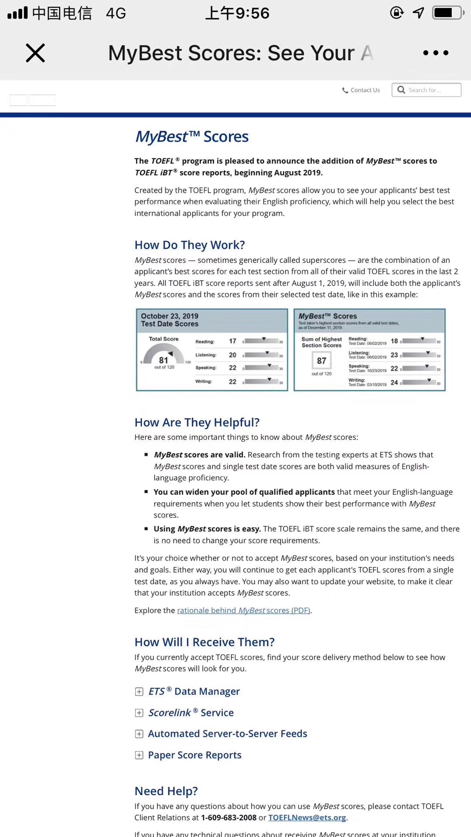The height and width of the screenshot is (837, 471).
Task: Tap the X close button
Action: pos(35,53)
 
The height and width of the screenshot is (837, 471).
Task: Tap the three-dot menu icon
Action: pos(435,53)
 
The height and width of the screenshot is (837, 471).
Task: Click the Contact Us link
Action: pos(361,90)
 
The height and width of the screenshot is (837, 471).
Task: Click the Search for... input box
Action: pos(427,90)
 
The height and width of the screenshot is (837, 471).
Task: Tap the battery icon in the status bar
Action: pos(447,13)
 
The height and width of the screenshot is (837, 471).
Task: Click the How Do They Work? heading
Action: pos(190,245)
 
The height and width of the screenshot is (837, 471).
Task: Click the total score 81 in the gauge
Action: pos(164,360)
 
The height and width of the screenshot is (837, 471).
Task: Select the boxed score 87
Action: pos(321,361)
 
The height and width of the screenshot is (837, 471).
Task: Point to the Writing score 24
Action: pos(394,382)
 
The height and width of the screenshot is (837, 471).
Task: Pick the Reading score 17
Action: pos(232,341)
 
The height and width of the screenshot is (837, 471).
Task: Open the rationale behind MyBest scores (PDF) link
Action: pos(244,610)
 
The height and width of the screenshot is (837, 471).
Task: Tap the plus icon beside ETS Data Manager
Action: pos(139,692)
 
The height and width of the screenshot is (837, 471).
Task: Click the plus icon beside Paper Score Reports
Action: pos(139,755)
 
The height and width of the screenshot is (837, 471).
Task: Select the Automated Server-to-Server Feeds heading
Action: pos(228,734)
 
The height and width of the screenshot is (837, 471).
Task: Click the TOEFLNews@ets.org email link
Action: pos(307,818)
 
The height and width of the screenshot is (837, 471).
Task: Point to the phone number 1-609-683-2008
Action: pos(229,818)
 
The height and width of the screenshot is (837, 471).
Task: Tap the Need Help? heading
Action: pos(166,791)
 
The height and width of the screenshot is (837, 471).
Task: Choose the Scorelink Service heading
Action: pos(191,713)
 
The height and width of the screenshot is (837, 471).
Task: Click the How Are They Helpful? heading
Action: pos(197,422)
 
